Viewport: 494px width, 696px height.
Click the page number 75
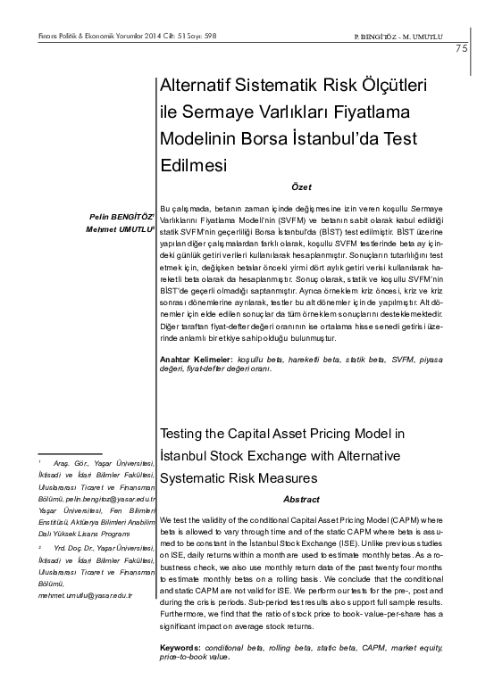(x=461, y=48)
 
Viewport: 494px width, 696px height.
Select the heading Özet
(x=301, y=186)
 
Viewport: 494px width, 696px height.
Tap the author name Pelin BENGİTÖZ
(x=120, y=215)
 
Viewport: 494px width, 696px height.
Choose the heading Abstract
(x=301, y=500)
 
